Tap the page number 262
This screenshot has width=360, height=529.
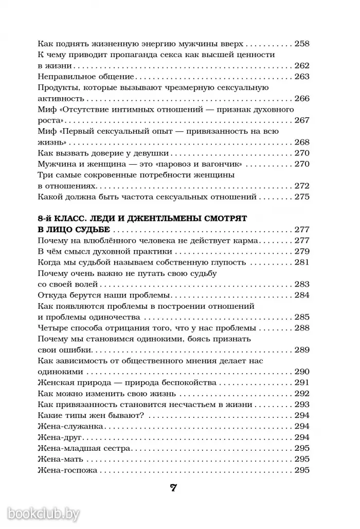click(x=301, y=66)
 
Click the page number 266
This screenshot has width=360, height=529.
click(x=301, y=99)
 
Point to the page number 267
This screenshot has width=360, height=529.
click(x=301, y=121)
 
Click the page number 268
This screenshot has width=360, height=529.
click(x=301, y=143)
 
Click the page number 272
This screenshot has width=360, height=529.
click(x=301, y=186)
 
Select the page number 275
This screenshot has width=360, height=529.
click(x=301, y=197)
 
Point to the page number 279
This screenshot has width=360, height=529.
click(x=301, y=252)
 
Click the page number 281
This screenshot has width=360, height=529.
click(x=301, y=262)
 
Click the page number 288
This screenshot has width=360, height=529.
click(x=301, y=328)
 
